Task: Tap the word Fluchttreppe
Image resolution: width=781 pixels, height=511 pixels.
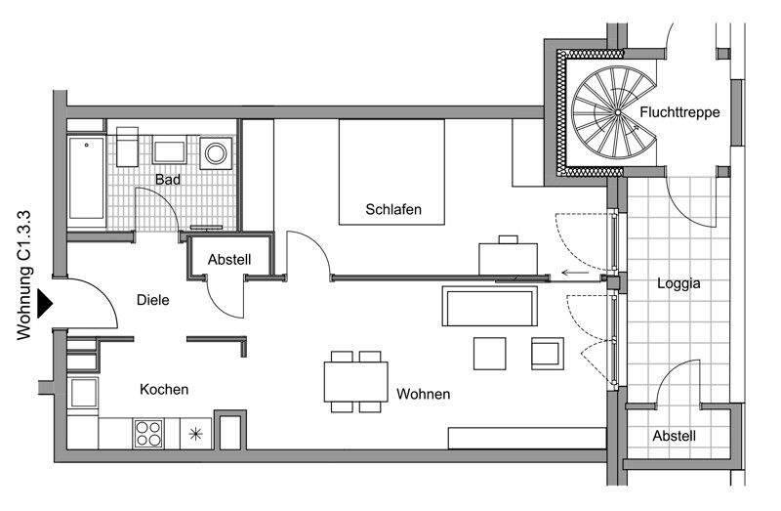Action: [x=679, y=112]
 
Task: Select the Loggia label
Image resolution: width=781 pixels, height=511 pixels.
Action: [x=679, y=284]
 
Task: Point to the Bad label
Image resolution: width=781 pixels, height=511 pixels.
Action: [x=167, y=180]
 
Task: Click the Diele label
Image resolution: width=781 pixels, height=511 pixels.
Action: [x=153, y=300]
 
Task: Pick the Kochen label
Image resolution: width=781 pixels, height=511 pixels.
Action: [x=164, y=389]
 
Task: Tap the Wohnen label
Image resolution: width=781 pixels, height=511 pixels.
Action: [x=423, y=394]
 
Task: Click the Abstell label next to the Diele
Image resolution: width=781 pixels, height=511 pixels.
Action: [x=230, y=260]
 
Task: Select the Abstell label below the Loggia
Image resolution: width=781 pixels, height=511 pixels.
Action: [x=675, y=437]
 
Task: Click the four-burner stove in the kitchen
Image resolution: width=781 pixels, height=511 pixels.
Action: [x=149, y=432]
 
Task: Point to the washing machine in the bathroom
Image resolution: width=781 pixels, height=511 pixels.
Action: [x=215, y=152]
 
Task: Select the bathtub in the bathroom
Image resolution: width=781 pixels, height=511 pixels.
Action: [x=87, y=180]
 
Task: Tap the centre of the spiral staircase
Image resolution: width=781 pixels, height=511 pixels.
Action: [x=617, y=114]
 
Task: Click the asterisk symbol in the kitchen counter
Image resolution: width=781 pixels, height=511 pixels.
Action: [x=197, y=433]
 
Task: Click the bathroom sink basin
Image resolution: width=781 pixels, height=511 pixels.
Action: [x=170, y=152]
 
